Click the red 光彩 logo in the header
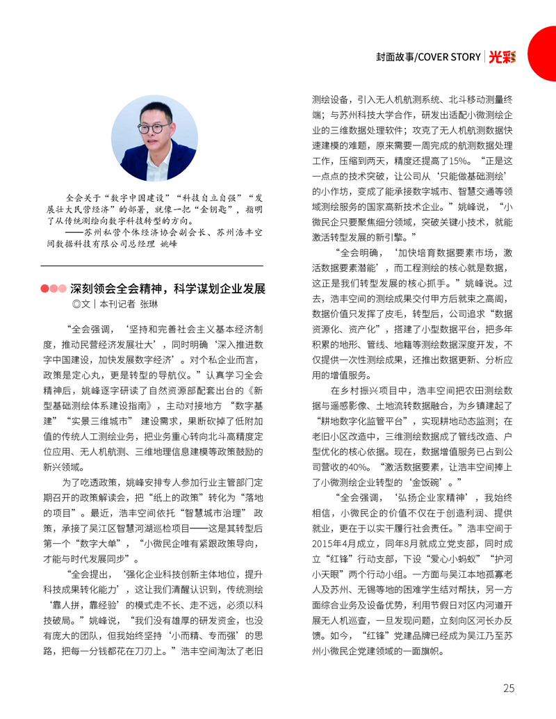tap(502, 57)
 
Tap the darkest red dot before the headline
tap(45, 288)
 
